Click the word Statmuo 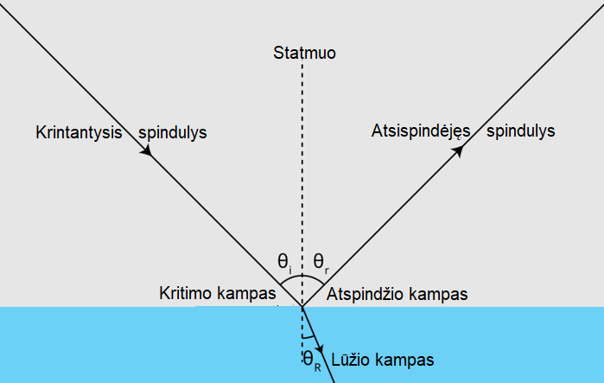(304, 53)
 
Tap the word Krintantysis (79, 133)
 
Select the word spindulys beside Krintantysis (173, 133)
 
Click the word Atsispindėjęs (421, 131)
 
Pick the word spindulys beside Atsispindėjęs (521, 131)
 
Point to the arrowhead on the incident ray (146, 150)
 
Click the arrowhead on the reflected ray (458, 151)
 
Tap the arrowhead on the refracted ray (320, 348)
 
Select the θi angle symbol (284, 263)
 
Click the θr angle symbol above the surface (321, 263)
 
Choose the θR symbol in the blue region (312, 361)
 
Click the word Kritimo (184, 293)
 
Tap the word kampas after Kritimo (245, 294)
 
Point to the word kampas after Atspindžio (438, 295)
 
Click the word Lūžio (350, 361)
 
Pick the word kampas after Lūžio (404, 361)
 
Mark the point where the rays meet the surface (302, 307)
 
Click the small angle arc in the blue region (308, 337)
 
